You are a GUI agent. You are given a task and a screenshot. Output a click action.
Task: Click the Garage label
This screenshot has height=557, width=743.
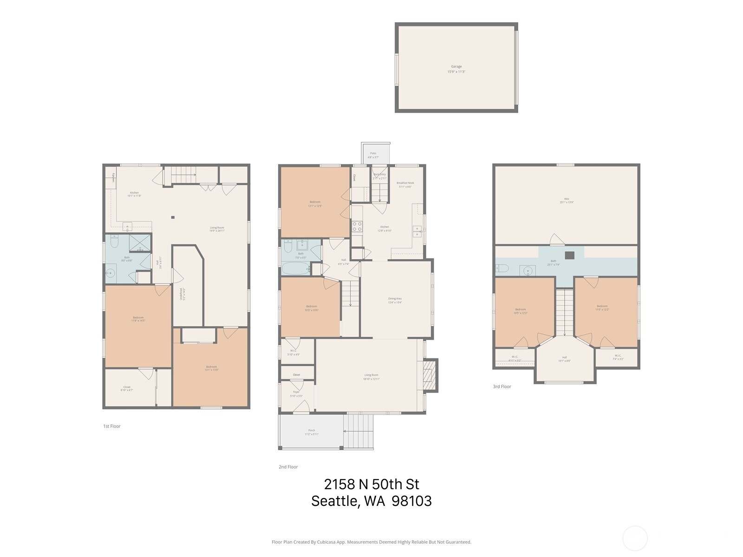click(456, 66)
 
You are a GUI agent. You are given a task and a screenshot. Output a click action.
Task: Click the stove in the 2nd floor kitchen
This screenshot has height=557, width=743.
click(357, 227)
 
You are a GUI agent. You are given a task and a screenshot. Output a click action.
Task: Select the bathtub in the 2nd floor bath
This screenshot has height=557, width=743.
click(296, 269)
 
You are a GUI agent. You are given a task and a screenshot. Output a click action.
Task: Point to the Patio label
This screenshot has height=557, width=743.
click(373, 153)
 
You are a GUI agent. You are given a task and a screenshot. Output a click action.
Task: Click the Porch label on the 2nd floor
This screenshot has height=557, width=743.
click(312, 430)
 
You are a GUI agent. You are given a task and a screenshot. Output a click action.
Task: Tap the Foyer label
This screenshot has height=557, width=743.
click(296, 392)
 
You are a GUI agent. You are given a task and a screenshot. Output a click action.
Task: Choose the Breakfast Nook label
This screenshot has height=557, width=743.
click(405, 183)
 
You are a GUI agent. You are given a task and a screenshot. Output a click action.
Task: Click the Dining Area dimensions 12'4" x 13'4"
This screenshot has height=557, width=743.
click(395, 302)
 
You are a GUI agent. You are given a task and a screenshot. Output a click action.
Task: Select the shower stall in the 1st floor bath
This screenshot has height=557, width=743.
click(140, 243)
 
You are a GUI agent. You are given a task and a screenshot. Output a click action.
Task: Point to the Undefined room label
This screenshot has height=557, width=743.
click(182, 293)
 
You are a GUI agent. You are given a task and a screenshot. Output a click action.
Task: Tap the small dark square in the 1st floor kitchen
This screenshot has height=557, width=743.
click(173, 217)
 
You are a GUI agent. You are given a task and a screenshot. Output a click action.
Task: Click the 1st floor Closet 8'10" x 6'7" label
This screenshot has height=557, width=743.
click(127, 387)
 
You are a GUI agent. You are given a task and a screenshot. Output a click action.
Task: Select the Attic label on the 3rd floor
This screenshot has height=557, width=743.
click(567, 199)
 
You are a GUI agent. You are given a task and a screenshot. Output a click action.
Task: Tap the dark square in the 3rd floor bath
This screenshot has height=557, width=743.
click(569, 255)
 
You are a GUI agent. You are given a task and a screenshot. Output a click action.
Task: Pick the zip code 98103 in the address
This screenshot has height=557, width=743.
click(411, 501)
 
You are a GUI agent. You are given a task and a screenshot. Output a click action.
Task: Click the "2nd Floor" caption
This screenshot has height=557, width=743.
click(288, 467)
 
